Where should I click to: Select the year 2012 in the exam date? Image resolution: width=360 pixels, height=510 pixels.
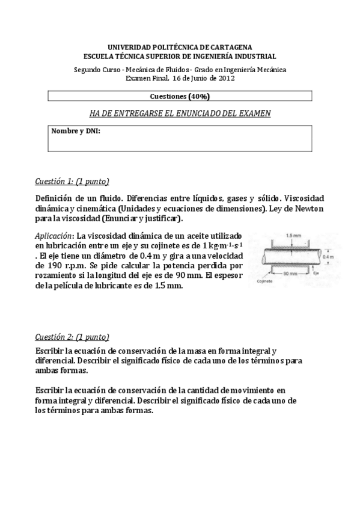pos(226,78)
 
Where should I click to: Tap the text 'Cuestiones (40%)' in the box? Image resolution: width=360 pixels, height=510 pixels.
pos(179,96)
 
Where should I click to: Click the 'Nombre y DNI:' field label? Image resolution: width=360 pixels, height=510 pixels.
pos(76,131)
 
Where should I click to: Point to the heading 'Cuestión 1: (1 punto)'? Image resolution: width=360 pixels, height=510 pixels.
pos(72,182)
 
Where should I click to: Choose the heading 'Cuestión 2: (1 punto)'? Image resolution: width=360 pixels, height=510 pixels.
pos(72,337)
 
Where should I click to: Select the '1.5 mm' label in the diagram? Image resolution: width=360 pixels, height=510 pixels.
pos(293,235)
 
